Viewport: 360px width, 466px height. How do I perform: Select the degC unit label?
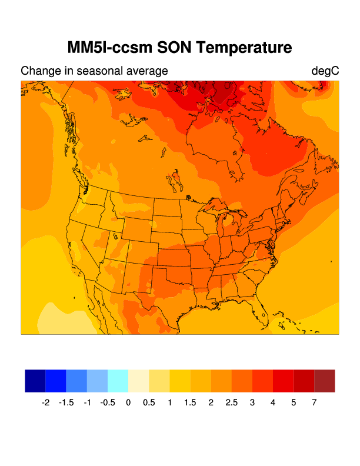[325, 71]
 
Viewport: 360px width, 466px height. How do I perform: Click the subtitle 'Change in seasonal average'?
[94, 71]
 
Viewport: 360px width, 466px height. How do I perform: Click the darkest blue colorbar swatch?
[35, 381]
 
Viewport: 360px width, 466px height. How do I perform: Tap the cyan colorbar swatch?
[118, 381]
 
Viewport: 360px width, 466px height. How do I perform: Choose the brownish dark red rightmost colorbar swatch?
[325, 381]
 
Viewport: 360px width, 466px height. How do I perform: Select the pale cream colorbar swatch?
[138, 381]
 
